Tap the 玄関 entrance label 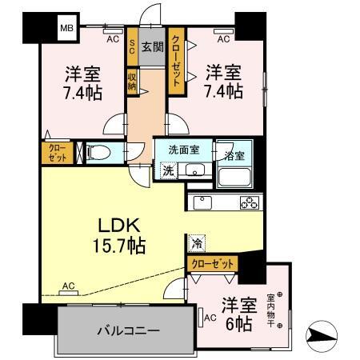tap(152, 48)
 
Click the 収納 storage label tap(132, 81)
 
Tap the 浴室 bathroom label tap(235, 151)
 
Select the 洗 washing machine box tap(168, 170)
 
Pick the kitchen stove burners tap(248, 202)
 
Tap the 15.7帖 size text tap(117, 246)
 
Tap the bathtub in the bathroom tap(236, 172)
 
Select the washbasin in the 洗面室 tap(194, 170)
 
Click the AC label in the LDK tap(68, 286)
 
